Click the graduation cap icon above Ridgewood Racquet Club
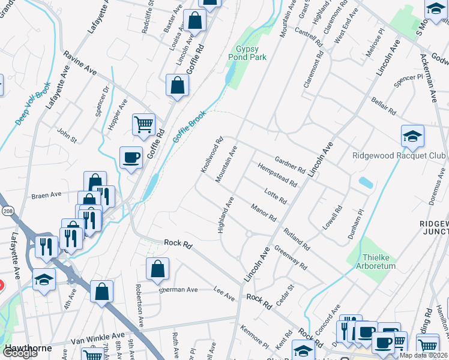[x=412, y=137]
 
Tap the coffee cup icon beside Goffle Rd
[x=131, y=158]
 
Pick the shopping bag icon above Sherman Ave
[x=157, y=270]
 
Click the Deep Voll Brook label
[x=33, y=106]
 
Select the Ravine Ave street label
[x=81, y=62]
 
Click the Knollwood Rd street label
[x=212, y=155]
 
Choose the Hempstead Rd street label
[x=277, y=174]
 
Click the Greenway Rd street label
[x=290, y=256]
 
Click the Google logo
[x=19, y=353]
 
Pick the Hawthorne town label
[x=26, y=348]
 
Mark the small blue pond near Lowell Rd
[x=364, y=182]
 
